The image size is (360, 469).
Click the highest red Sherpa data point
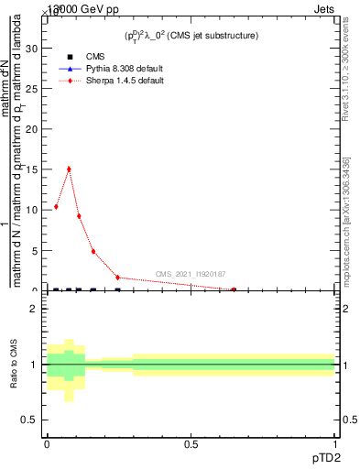[69, 169]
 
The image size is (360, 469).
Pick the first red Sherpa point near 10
[56, 207]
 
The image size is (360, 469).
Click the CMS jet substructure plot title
[191, 36]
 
